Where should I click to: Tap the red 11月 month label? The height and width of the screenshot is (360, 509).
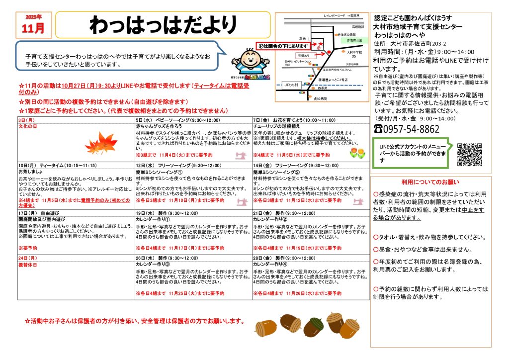[x=33, y=27]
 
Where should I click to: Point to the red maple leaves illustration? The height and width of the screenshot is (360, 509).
[x=101, y=144]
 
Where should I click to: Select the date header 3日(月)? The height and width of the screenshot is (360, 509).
[x=26, y=120]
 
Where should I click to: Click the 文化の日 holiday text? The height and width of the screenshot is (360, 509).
[x=28, y=127]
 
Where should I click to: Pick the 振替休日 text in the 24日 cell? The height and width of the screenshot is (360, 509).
[x=28, y=265]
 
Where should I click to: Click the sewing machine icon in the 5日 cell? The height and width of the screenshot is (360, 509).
[x=241, y=155]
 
